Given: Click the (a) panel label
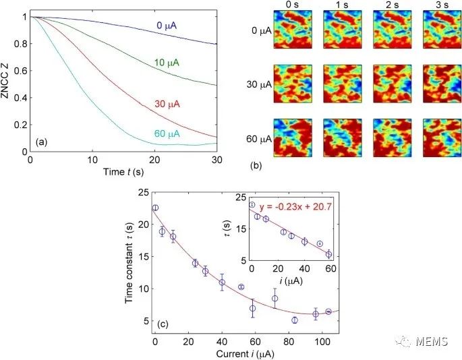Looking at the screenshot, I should click(x=40, y=142).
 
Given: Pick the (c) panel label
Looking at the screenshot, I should click(x=163, y=324).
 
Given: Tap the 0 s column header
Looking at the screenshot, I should click(x=291, y=5).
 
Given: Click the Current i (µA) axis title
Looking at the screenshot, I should click(x=246, y=351).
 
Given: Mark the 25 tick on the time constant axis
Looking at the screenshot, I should click(x=144, y=192).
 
